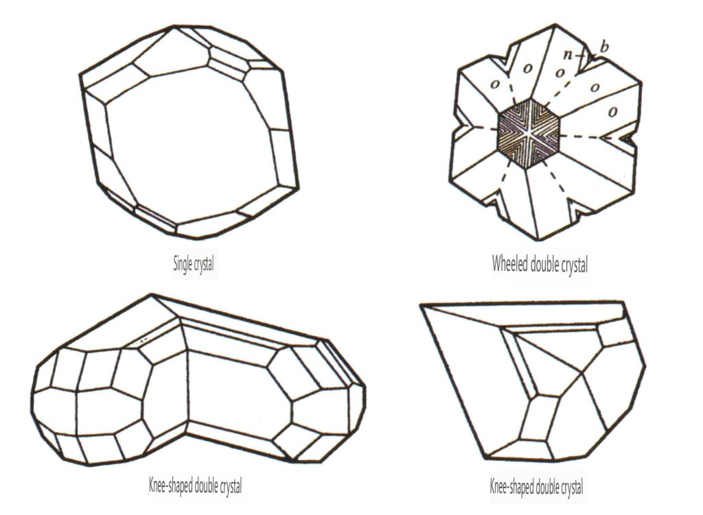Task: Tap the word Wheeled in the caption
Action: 509,263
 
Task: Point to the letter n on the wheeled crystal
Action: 568,55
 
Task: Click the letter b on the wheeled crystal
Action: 604,47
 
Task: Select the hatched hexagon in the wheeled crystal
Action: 529,134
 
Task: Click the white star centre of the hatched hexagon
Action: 529,133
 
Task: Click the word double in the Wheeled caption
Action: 546,264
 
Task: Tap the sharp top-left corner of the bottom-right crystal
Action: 421,304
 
